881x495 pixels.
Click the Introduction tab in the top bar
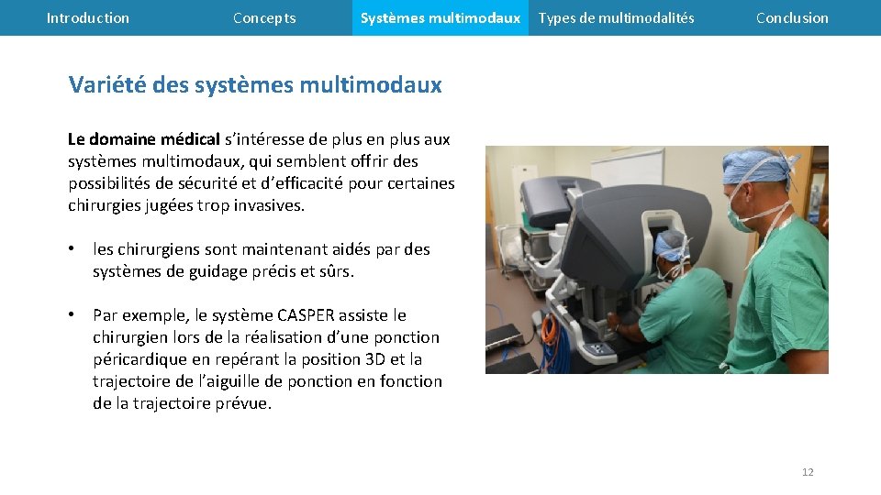point(88,18)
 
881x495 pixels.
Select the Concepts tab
point(264,18)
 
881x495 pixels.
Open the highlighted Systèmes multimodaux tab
point(440,18)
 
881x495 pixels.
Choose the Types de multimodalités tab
point(616,18)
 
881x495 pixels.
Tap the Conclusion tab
point(792,18)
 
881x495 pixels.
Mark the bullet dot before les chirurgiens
point(72,249)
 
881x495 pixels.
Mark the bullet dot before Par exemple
point(72,315)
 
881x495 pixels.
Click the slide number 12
point(808,472)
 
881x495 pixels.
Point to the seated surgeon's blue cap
point(671,242)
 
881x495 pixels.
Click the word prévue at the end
point(241,403)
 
